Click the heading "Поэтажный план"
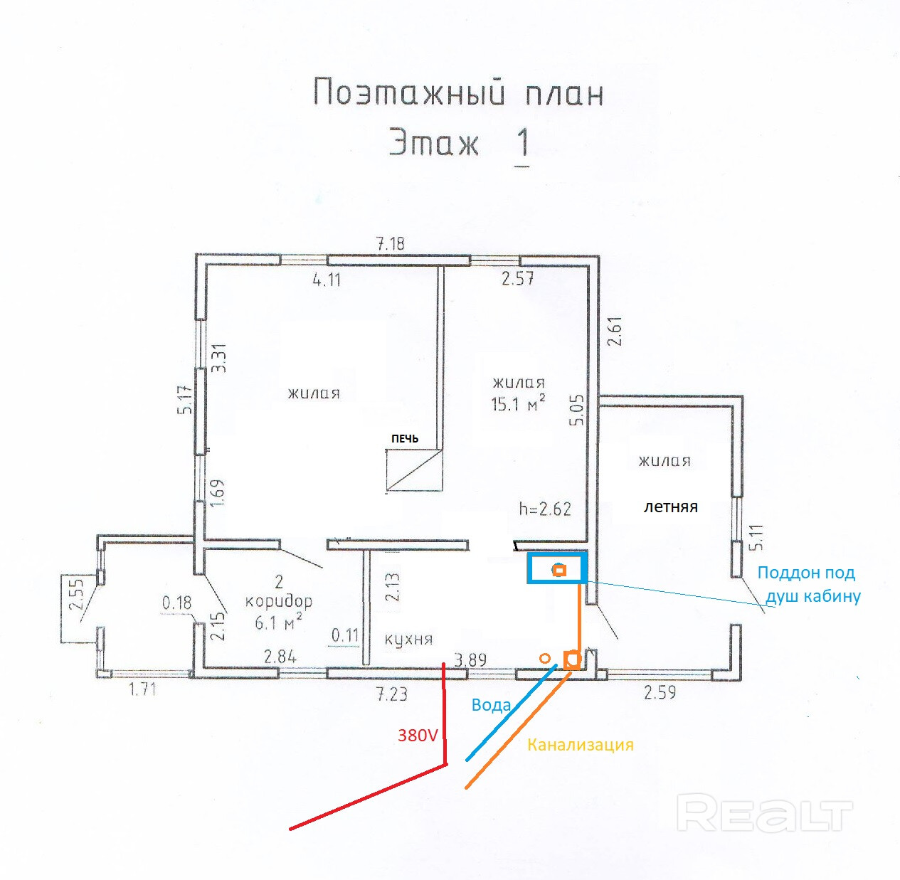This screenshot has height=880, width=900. pos(458,93)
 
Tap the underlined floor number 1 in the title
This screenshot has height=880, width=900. pos(522,143)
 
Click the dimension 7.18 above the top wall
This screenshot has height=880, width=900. pos(390,244)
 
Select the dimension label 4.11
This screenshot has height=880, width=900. pos(327,280)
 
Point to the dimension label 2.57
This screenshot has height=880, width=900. pos(517,279)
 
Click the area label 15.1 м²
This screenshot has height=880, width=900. pos(517,404)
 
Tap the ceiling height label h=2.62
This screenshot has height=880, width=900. pos(544,509)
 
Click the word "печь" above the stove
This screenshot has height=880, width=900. pos(405,438)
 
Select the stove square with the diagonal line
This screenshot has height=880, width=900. pos(413,470)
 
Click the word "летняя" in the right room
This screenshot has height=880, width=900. pos(670,507)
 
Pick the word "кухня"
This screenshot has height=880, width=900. pos(408,639)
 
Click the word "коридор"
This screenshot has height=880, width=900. pos(278,601)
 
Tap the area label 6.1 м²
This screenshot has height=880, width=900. pos(278,623)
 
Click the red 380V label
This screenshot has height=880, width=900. pos(418,736)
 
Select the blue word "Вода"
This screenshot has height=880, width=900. pos(491,705)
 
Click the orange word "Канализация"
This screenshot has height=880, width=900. pos(580,745)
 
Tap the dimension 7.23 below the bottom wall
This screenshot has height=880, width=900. pos(391,694)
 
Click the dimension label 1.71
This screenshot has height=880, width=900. pos(142,689)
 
